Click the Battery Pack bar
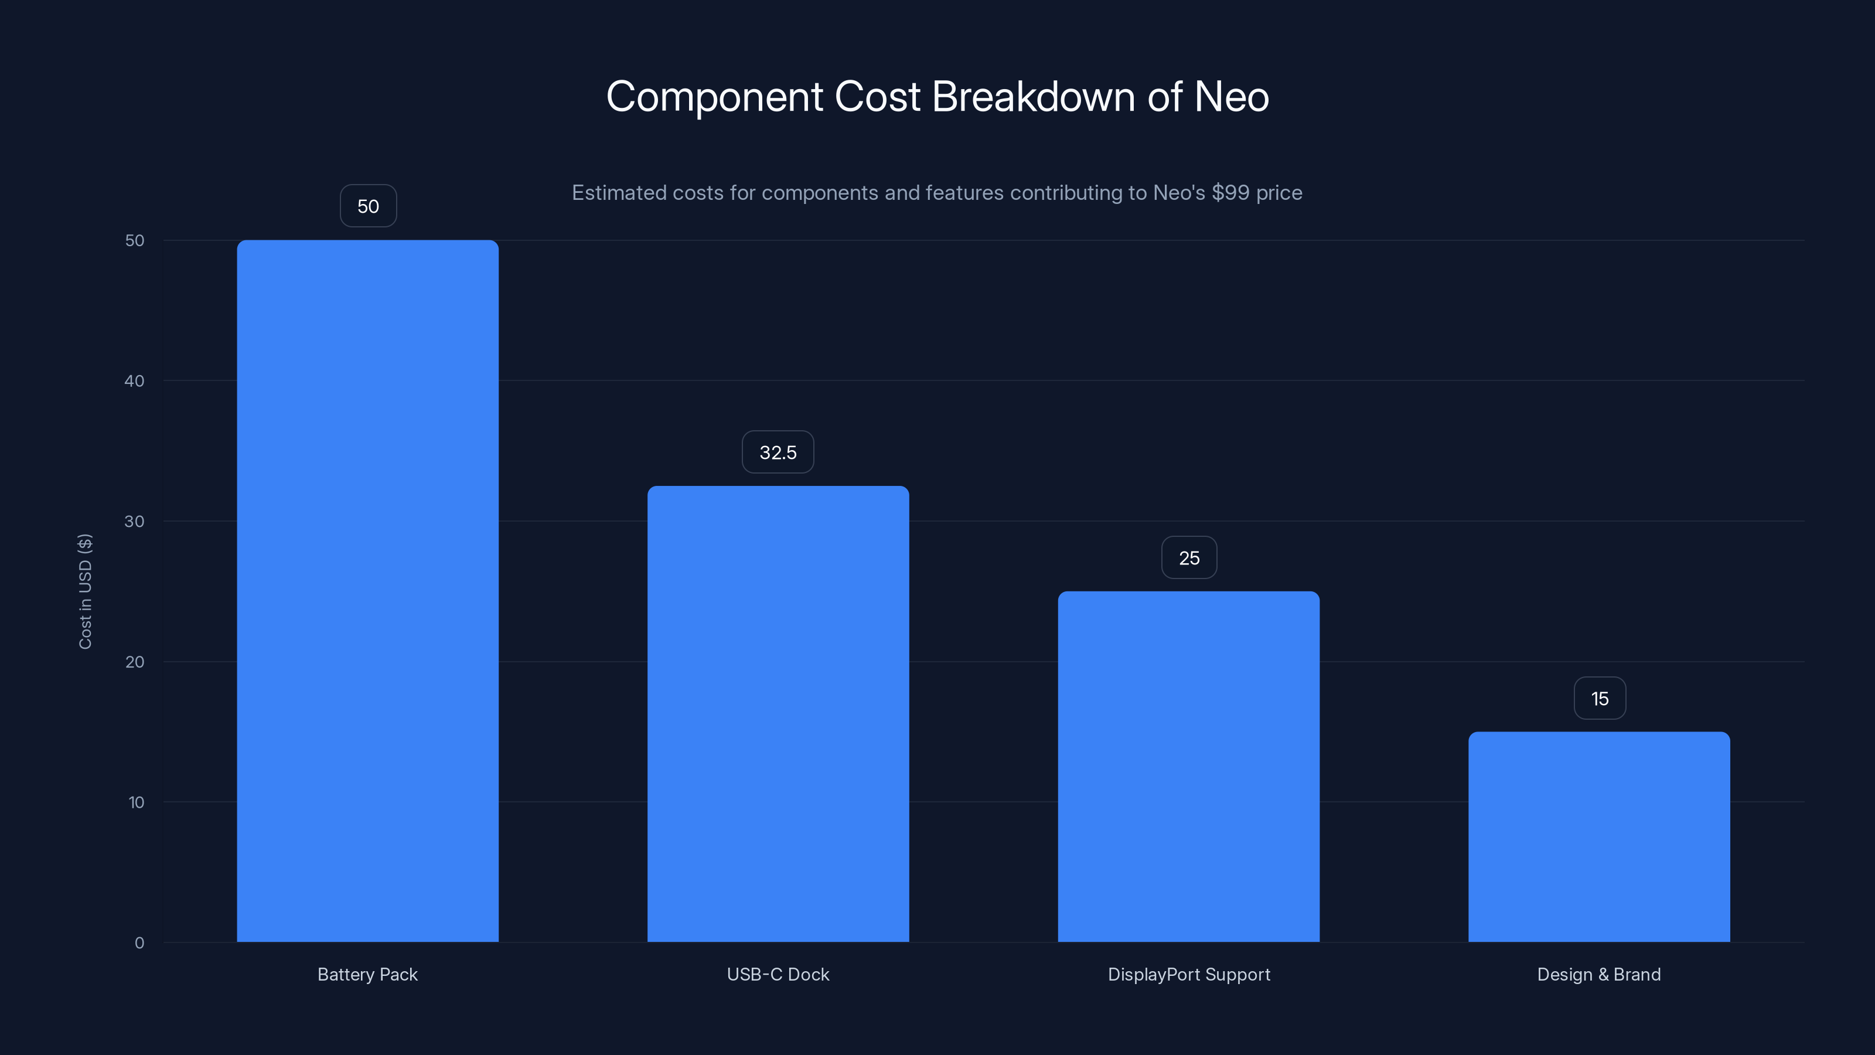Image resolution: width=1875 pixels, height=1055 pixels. (367, 590)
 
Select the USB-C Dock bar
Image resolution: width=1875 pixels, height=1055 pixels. (778, 713)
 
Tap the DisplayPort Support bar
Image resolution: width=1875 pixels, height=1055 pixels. (1189, 766)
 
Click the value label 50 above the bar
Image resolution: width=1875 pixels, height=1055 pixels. (369, 206)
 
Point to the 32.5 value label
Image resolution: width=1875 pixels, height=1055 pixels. (778, 452)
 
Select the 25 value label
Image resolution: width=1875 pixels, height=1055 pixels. (1189, 558)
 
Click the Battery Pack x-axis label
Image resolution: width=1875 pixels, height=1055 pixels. (367, 974)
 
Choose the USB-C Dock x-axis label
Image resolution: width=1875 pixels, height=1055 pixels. (778, 974)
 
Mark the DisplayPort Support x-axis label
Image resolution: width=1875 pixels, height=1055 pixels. (1189, 974)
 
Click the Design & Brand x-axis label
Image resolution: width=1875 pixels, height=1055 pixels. (1599, 974)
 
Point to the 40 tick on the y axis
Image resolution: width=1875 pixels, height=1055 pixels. (135, 381)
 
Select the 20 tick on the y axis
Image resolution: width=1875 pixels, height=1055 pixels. (135, 662)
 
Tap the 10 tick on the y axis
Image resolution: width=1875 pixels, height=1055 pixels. (136, 802)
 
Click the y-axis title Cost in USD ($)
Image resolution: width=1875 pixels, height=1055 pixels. (85, 591)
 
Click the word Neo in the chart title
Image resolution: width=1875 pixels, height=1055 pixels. (1232, 97)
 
